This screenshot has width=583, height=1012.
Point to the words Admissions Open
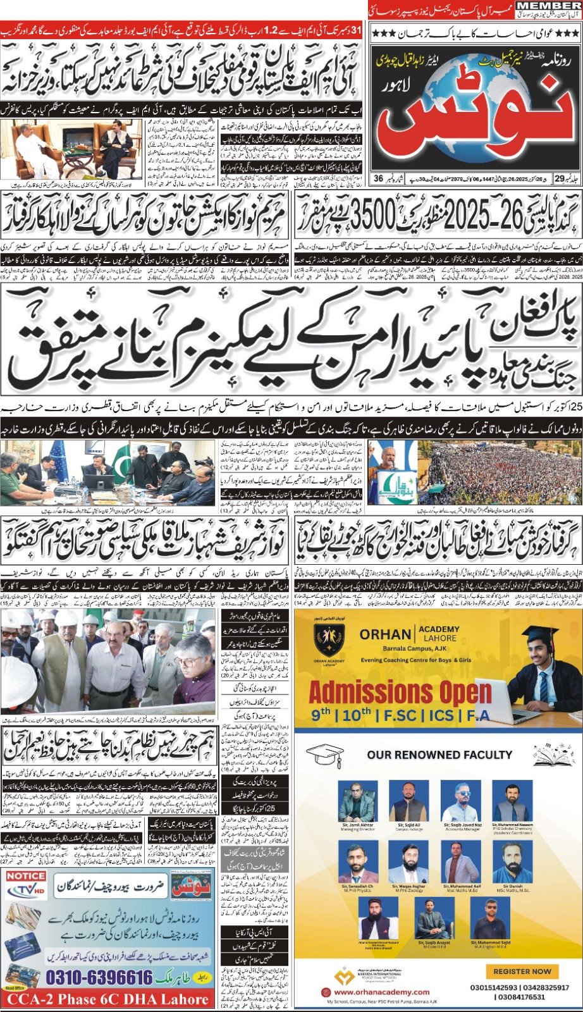click(x=400, y=691)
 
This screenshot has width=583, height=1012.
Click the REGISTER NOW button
click(x=522, y=971)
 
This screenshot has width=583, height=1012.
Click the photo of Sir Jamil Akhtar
click(x=357, y=801)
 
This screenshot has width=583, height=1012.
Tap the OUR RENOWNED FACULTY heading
click(x=439, y=755)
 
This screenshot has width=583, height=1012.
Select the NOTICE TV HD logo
click(x=26, y=885)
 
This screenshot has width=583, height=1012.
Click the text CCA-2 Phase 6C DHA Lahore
click(x=106, y=999)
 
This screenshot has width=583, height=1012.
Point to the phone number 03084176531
click(x=508, y=997)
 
